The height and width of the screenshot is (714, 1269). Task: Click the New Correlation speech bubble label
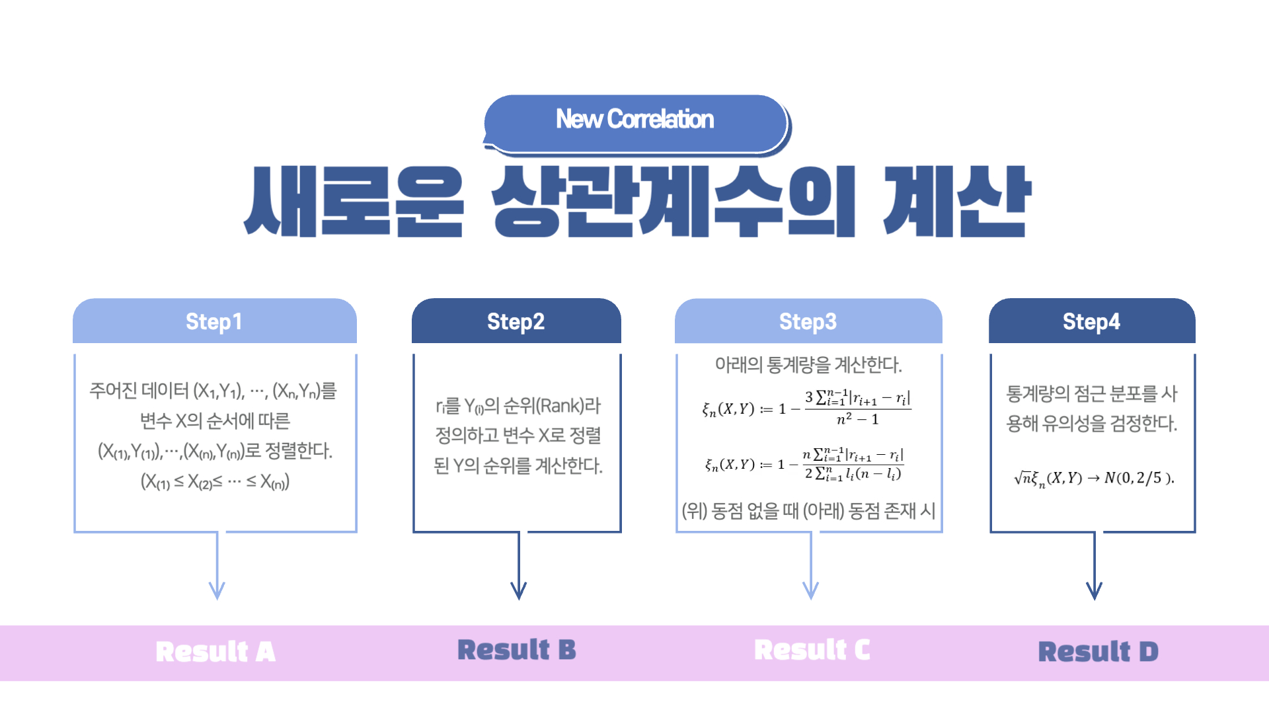634,120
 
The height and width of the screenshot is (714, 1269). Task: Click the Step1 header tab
214,321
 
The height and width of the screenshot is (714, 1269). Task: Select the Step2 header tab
516,321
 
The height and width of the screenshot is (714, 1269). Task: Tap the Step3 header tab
808,321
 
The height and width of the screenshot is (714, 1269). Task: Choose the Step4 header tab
1091,321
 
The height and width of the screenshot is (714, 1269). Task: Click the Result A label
215,652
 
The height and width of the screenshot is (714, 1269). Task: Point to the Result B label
517,650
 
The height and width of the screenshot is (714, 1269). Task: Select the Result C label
812,650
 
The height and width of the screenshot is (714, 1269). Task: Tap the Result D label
1098,652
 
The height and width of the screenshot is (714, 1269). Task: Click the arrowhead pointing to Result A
217,590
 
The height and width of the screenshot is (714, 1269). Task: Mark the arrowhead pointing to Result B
519,590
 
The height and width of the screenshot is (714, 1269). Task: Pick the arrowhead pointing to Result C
811,590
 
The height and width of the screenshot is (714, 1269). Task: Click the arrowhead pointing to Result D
1095,590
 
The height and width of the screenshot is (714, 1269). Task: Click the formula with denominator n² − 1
806,408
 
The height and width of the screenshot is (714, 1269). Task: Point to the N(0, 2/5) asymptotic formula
1094,478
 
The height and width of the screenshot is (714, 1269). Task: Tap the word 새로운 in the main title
354,202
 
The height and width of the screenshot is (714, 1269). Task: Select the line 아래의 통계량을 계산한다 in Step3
808,365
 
